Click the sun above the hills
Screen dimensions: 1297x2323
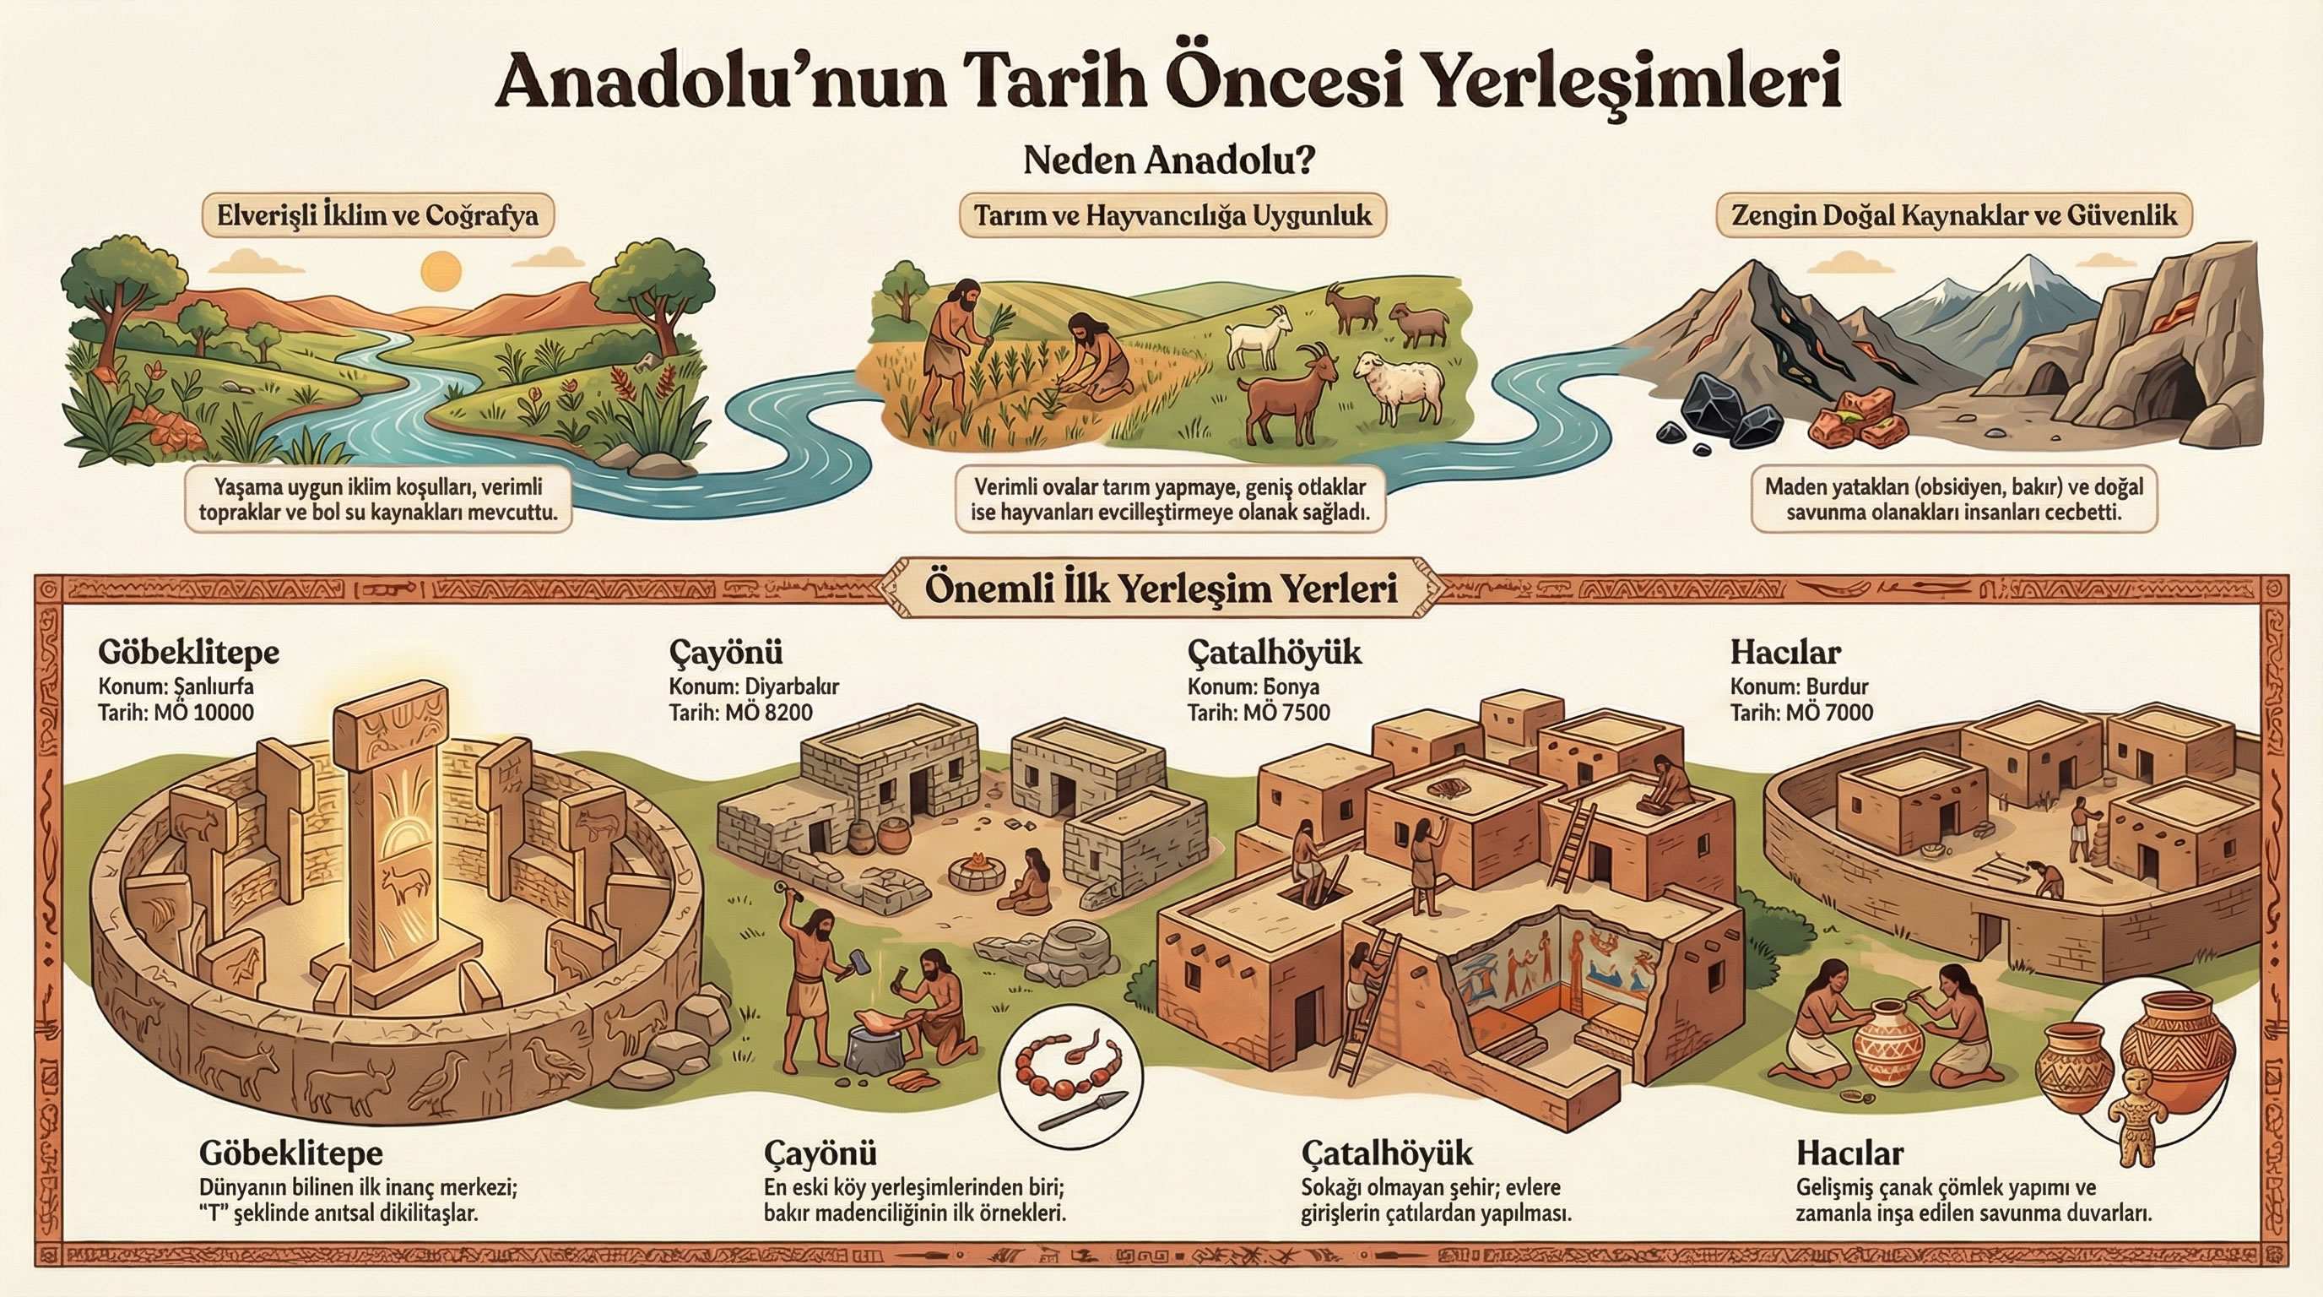tap(441, 270)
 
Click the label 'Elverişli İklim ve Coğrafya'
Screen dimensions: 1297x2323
tap(378, 216)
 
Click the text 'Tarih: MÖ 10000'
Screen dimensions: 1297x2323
tap(176, 713)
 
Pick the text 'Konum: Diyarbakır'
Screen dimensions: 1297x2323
tap(754, 686)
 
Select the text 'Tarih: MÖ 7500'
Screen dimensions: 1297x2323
tap(1258, 713)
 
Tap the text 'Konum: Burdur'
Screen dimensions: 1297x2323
tap(1799, 686)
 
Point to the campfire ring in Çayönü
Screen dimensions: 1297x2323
tap(977, 871)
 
